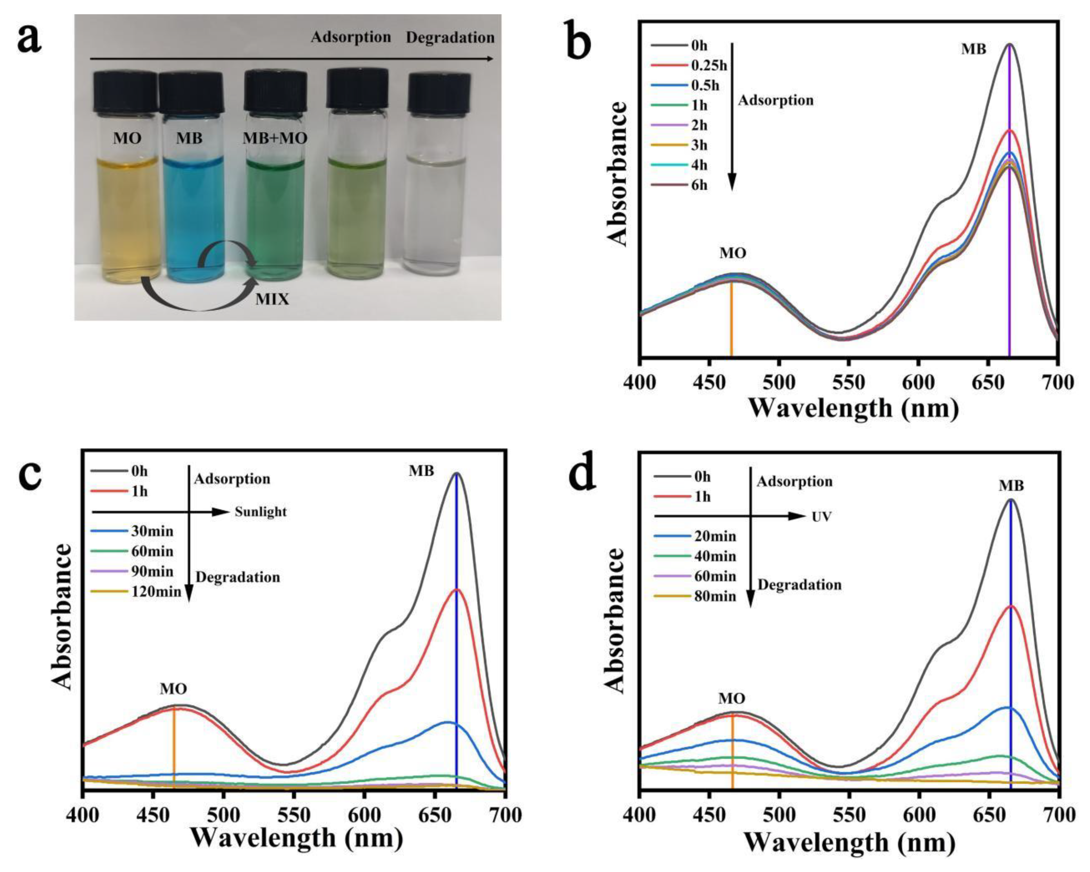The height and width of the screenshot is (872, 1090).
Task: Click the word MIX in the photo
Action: [272, 299]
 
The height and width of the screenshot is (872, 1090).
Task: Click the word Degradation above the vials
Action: [450, 38]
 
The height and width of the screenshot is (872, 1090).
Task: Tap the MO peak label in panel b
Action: [732, 253]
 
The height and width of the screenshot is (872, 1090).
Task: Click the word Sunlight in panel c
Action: [260, 512]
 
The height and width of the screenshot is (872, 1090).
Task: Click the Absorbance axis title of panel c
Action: [64, 617]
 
